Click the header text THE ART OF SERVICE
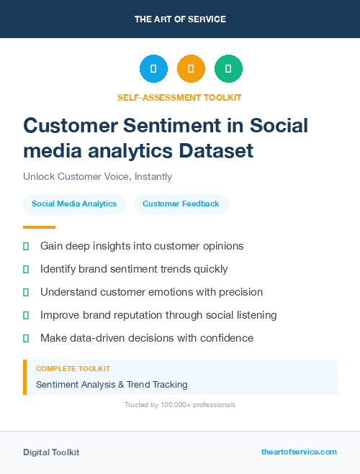180,19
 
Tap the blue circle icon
153,68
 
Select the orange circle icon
191,68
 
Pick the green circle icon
228,68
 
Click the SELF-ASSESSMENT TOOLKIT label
179,97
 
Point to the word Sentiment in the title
186,125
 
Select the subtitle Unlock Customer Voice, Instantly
97,176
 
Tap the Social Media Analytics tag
74,204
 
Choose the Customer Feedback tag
181,204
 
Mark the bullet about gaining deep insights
142,246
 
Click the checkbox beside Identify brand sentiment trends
26,269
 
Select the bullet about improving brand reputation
158,315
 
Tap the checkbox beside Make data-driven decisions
26,338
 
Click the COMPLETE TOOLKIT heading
73,369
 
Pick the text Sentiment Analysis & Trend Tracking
112,385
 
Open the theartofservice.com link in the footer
299,452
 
